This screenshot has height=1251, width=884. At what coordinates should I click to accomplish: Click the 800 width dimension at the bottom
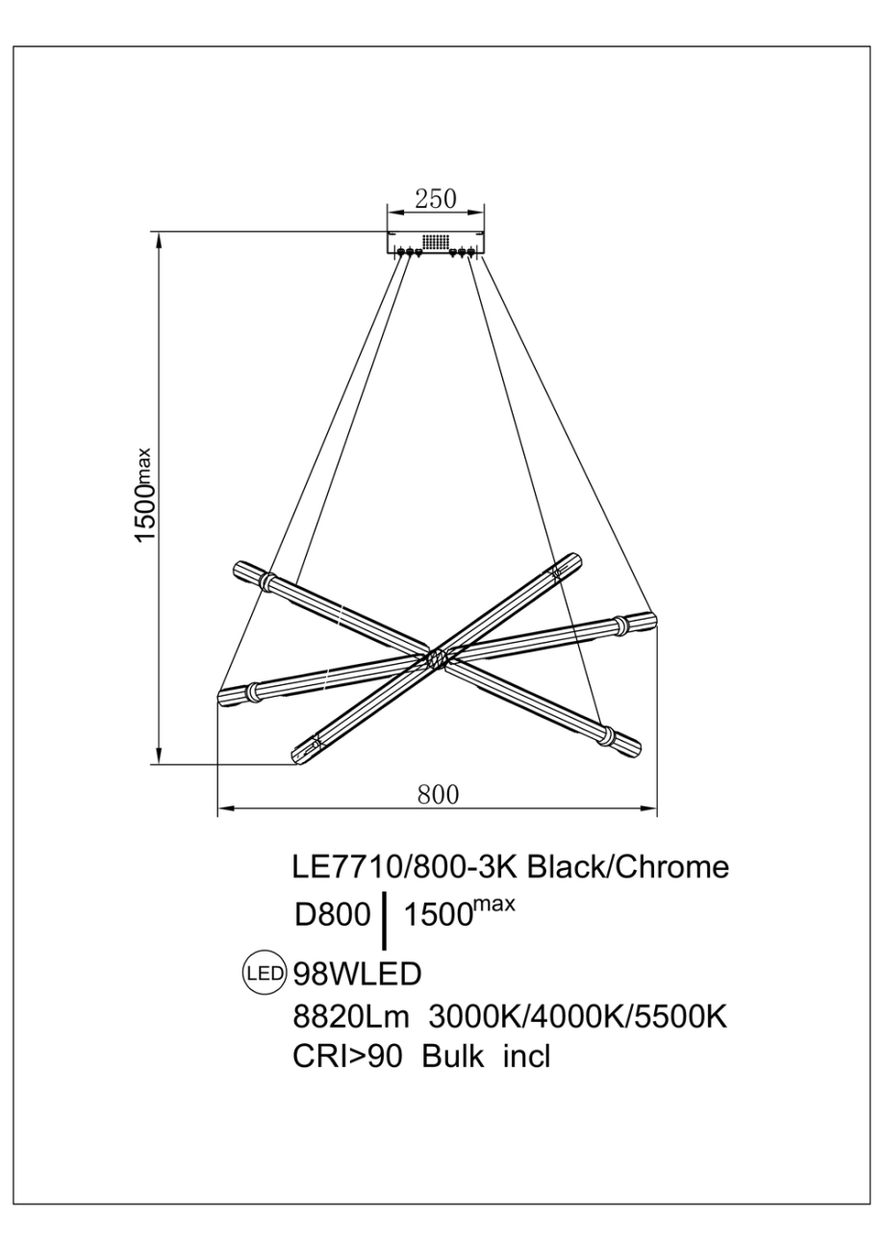(438, 794)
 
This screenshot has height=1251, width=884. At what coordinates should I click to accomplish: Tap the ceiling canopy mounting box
(436, 243)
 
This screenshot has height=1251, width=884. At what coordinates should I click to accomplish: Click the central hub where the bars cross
(436, 659)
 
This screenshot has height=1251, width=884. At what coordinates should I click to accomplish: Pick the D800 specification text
(332, 914)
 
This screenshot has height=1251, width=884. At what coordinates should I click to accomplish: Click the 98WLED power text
(357, 974)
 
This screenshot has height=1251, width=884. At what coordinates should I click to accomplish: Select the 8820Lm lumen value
(351, 1016)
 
